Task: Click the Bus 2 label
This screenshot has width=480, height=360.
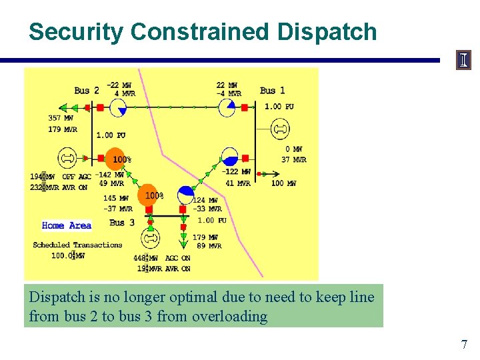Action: pyautogui.click(x=87, y=91)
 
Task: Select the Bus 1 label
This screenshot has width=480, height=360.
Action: pyautogui.click(x=272, y=91)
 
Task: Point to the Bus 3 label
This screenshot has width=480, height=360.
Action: pyautogui.click(x=122, y=223)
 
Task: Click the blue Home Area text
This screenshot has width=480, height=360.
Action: pyautogui.click(x=67, y=225)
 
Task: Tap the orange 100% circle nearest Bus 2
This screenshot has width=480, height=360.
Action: pyautogui.click(x=116, y=158)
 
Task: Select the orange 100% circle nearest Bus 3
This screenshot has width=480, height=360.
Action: pyautogui.click(x=149, y=195)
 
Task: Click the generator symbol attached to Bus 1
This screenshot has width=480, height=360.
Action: pyautogui.click(x=280, y=128)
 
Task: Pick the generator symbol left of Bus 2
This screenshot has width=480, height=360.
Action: pyautogui.click(x=67, y=159)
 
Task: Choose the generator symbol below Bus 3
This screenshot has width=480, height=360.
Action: pyautogui.click(x=151, y=237)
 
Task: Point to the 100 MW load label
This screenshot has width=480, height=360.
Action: pyautogui.click(x=283, y=183)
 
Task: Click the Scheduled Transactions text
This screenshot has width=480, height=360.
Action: pyautogui.click(x=77, y=245)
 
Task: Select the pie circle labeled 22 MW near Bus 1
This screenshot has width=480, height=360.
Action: pyautogui.click(x=227, y=107)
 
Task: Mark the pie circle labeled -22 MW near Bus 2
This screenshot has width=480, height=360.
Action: pyautogui.click(x=136, y=107)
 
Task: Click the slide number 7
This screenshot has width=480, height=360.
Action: pyautogui.click(x=464, y=345)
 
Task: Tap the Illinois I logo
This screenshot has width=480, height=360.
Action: pyautogui.click(x=463, y=61)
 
